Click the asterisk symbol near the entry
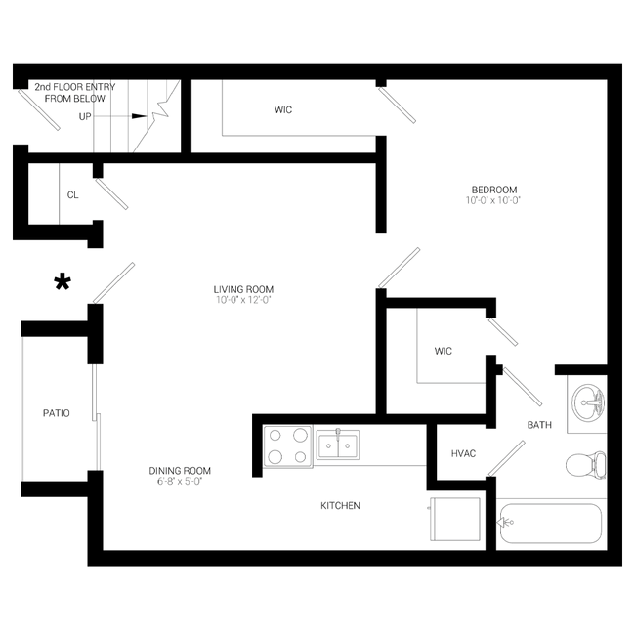click(x=63, y=282)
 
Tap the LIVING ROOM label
click(x=243, y=289)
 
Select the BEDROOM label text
click(x=494, y=190)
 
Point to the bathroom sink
click(x=588, y=402)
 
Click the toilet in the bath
click(x=586, y=465)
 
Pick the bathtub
click(x=551, y=524)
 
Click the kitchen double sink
click(x=338, y=444)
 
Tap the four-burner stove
click(x=288, y=446)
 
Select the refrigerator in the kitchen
click(x=455, y=519)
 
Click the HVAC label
click(x=463, y=453)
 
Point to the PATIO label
click(x=57, y=413)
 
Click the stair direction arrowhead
click(x=140, y=116)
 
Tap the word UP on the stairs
click(x=85, y=116)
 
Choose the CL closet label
click(x=73, y=195)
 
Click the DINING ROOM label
click(x=180, y=471)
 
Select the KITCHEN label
click(x=340, y=505)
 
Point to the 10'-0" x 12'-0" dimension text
click(x=243, y=300)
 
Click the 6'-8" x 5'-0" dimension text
click(x=180, y=481)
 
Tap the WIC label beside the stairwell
click(x=283, y=109)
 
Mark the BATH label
click(x=539, y=425)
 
